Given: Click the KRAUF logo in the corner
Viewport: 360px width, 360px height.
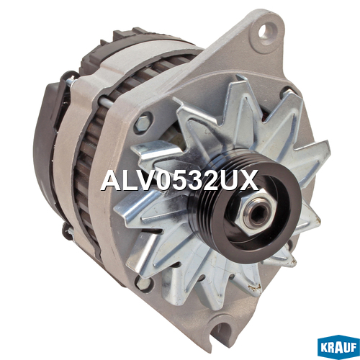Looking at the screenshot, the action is [x=338, y=348].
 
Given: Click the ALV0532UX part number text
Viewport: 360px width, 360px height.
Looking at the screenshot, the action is [x=179, y=180].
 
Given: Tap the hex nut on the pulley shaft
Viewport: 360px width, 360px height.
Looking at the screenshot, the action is [x=254, y=212].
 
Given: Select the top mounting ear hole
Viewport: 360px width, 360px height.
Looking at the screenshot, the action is [x=268, y=32].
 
